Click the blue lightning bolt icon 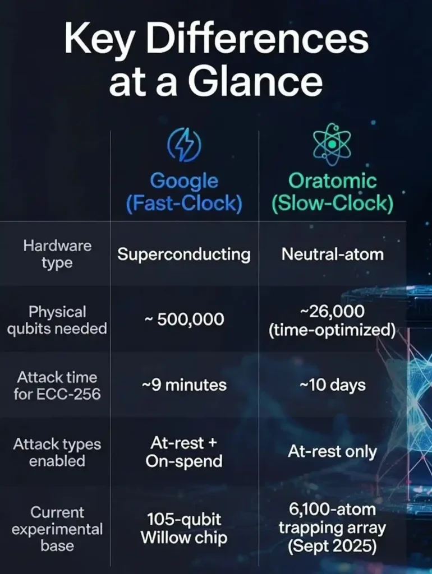click(184, 144)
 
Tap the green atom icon click(332, 144)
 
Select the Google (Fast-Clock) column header click(184, 192)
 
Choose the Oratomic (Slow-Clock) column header click(332, 192)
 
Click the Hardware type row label click(57, 254)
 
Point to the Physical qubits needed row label click(57, 320)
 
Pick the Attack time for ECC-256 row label click(57, 386)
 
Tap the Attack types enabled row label click(57, 452)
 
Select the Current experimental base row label click(57, 529)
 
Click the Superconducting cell click(184, 254)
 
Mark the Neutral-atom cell click(332, 254)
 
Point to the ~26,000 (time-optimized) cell click(332, 320)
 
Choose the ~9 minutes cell click(184, 386)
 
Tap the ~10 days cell click(332, 386)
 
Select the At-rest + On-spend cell click(184, 452)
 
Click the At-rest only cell click(332, 452)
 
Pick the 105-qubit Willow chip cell click(184, 529)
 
